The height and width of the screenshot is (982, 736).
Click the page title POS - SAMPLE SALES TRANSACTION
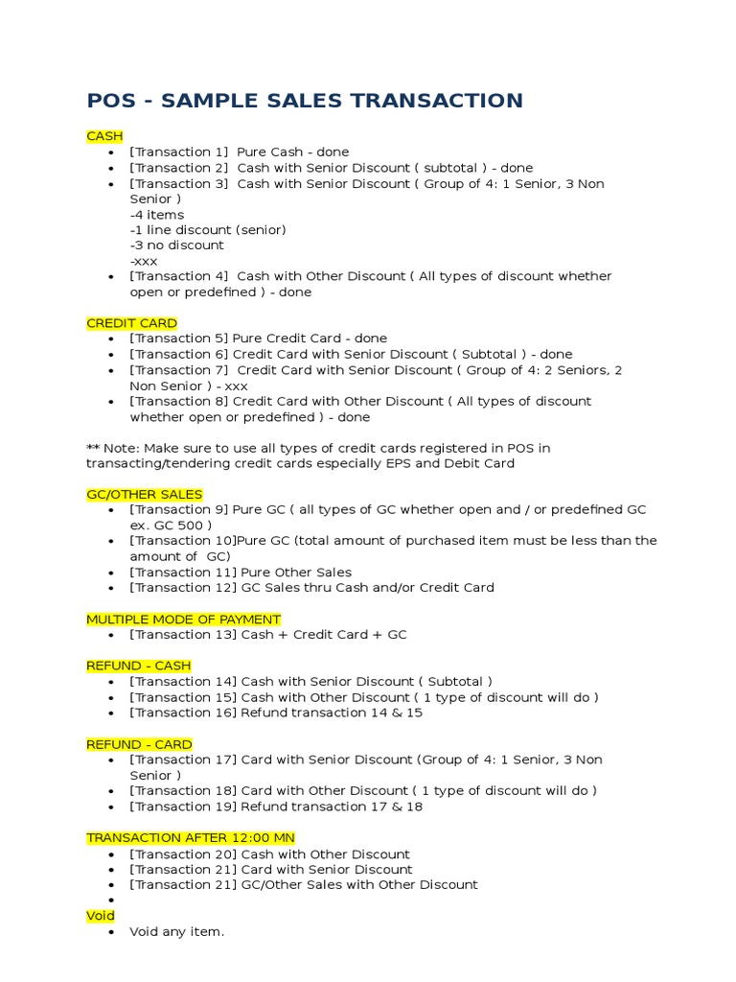point(305,101)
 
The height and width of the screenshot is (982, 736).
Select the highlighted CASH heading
point(104,136)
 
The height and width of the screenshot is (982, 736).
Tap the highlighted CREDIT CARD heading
point(131,323)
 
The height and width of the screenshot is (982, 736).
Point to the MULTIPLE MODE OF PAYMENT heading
point(183,620)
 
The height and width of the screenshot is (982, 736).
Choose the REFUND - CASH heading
point(138,666)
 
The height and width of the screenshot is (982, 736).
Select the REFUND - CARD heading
point(139,744)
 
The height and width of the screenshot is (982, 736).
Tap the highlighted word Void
point(101,916)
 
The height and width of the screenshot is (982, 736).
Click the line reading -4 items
point(157,215)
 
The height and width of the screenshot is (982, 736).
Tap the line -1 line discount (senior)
point(208,230)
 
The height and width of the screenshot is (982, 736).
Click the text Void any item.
point(176,932)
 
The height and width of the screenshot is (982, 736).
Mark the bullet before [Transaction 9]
point(113,510)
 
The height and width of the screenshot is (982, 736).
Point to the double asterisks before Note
point(93,449)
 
